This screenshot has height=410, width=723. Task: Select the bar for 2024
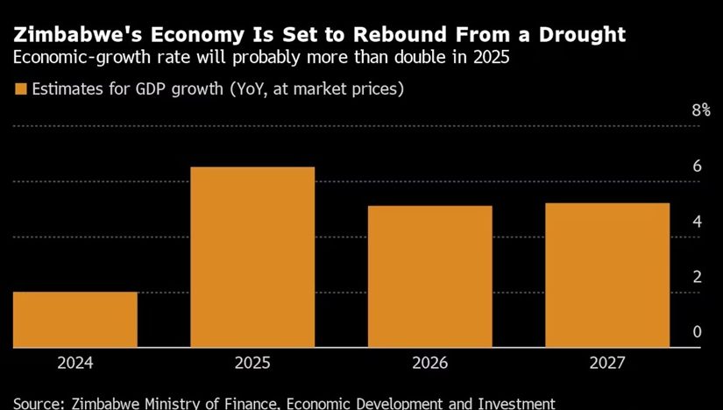75,320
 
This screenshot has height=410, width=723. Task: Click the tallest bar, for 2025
253,257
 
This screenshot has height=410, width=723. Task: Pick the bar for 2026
430,277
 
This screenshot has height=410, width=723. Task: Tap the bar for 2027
607,275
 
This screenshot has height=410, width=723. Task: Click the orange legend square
19,88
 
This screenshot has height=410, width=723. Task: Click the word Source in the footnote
34,403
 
